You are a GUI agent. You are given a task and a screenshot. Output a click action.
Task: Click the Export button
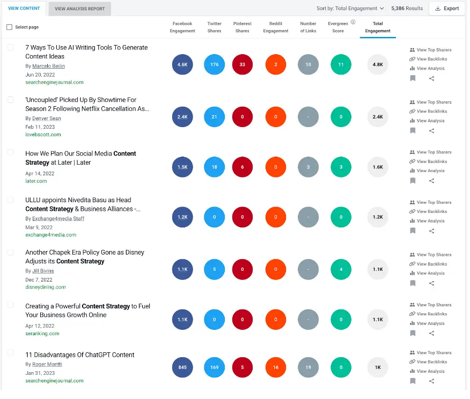pyautogui.click(x=447, y=9)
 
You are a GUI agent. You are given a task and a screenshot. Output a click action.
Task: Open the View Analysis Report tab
pyautogui.click(x=80, y=9)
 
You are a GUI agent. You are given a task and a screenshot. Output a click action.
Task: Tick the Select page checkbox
pyautogui.click(x=9, y=27)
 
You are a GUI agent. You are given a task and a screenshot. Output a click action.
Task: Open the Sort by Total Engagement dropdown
pyautogui.click(x=350, y=9)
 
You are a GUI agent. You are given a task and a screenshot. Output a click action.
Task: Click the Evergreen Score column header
pyautogui.click(x=338, y=27)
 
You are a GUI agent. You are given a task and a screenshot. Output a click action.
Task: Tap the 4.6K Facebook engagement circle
pyautogui.click(x=182, y=64)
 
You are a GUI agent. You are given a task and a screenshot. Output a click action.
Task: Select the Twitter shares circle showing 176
pyautogui.click(x=215, y=64)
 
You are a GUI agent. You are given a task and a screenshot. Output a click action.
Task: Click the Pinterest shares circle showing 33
pyautogui.click(x=243, y=64)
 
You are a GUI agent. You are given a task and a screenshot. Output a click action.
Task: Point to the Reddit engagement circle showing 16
pyautogui.click(x=276, y=367)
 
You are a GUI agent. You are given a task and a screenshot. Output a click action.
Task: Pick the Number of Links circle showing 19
pyautogui.click(x=308, y=367)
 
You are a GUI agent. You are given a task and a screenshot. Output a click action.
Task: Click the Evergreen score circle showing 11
pyautogui.click(x=341, y=64)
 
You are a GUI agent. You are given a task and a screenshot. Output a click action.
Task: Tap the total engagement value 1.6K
pyautogui.click(x=378, y=167)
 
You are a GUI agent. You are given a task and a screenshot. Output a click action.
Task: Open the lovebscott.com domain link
pyautogui.click(x=43, y=135)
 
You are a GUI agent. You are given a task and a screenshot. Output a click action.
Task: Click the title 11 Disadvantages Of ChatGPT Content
pyautogui.click(x=80, y=355)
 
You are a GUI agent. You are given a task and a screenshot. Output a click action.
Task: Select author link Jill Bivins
pyautogui.click(x=43, y=271)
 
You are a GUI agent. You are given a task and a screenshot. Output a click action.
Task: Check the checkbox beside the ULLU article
pyautogui.click(x=10, y=199)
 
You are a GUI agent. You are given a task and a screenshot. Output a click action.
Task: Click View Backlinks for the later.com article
pyautogui.click(x=431, y=161)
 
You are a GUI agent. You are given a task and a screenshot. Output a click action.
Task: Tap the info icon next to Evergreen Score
pyautogui.click(x=353, y=23)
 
